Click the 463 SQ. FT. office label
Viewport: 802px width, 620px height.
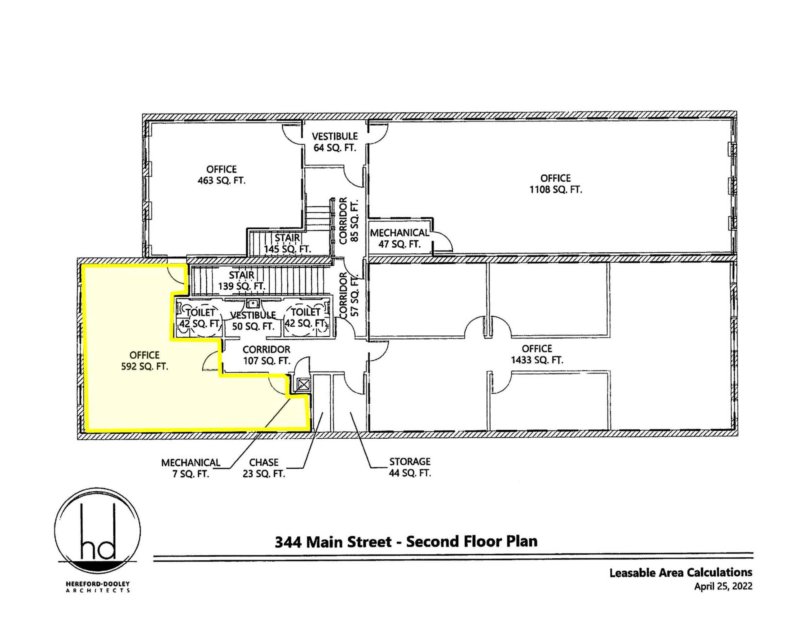222,175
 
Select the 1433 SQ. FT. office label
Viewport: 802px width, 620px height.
537,354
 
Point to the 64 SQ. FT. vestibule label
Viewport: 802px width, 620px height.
335,142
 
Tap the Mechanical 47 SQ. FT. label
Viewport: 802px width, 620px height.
399,238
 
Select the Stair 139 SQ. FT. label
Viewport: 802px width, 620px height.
242,281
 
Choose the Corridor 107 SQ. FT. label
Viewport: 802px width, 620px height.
267,355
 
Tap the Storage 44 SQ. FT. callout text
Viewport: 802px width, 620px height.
410,467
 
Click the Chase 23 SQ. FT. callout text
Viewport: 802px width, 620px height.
264,468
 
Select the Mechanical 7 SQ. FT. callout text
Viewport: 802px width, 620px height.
191,468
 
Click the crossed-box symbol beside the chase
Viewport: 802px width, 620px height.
303,385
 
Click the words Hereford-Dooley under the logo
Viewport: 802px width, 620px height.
98,584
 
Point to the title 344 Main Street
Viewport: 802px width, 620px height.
333,542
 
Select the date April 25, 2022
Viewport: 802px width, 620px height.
723,587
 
